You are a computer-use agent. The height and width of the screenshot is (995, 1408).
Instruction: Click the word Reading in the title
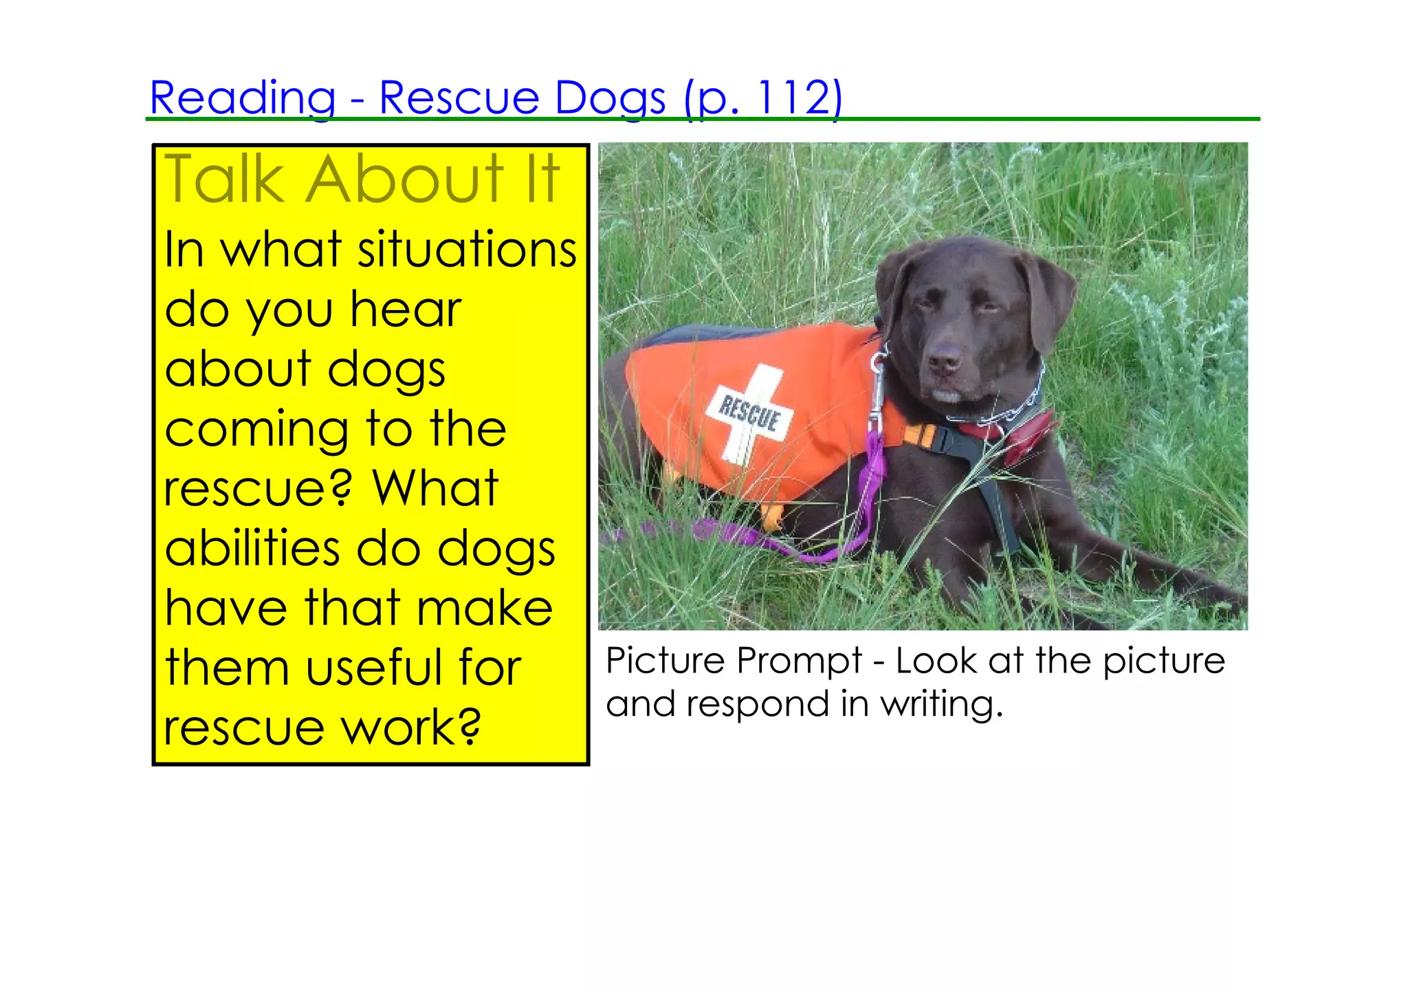pos(243,98)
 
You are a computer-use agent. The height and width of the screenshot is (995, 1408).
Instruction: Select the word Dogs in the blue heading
pos(610,98)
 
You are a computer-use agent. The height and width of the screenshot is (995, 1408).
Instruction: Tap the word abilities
pos(252,549)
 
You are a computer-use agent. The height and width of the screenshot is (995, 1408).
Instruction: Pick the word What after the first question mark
pos(434,489)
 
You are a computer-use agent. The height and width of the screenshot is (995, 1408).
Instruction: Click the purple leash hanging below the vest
pos(872,481)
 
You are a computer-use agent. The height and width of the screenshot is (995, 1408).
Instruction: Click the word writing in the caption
pos(941,704)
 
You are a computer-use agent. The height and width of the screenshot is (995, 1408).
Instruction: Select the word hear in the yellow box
pos(406,309)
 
